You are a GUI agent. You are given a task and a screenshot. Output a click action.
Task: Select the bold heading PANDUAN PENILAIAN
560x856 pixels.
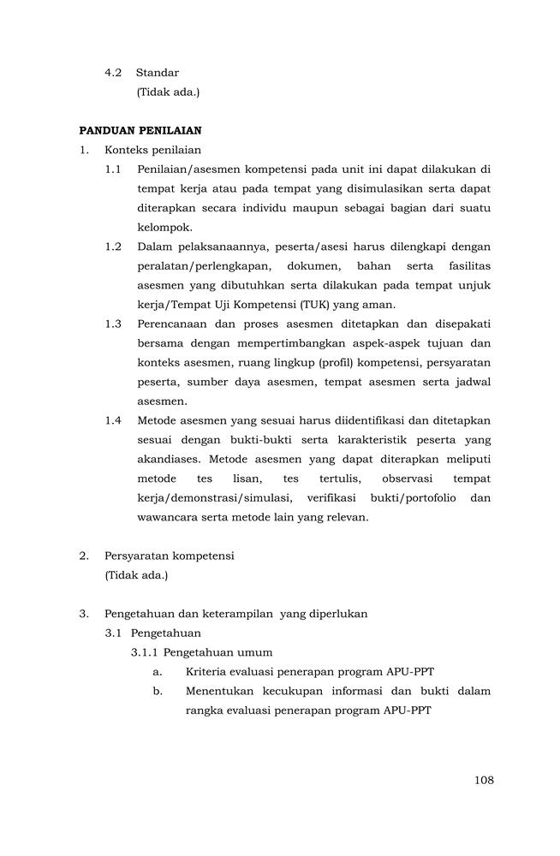click(140, 131)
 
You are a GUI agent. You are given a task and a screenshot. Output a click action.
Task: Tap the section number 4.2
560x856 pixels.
click(115, 73)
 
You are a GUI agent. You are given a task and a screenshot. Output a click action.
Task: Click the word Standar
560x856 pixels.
click(158, 73)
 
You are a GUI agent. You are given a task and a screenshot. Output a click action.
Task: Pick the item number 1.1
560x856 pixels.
click(114, 169)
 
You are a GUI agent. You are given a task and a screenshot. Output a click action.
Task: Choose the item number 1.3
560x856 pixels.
click(114, 324)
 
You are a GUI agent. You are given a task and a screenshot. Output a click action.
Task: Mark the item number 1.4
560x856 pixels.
click(114, 420)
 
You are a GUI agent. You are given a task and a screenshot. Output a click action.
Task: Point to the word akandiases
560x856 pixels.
click(169, 459)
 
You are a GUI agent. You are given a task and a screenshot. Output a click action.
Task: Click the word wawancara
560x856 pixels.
click(168, 517)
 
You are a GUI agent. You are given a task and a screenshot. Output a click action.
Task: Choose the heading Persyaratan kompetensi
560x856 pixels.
click(170, 556)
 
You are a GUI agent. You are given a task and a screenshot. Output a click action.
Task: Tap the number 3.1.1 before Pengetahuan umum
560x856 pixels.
click(145, 652)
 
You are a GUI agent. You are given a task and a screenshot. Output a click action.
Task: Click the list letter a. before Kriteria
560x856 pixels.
click(158, 671)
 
